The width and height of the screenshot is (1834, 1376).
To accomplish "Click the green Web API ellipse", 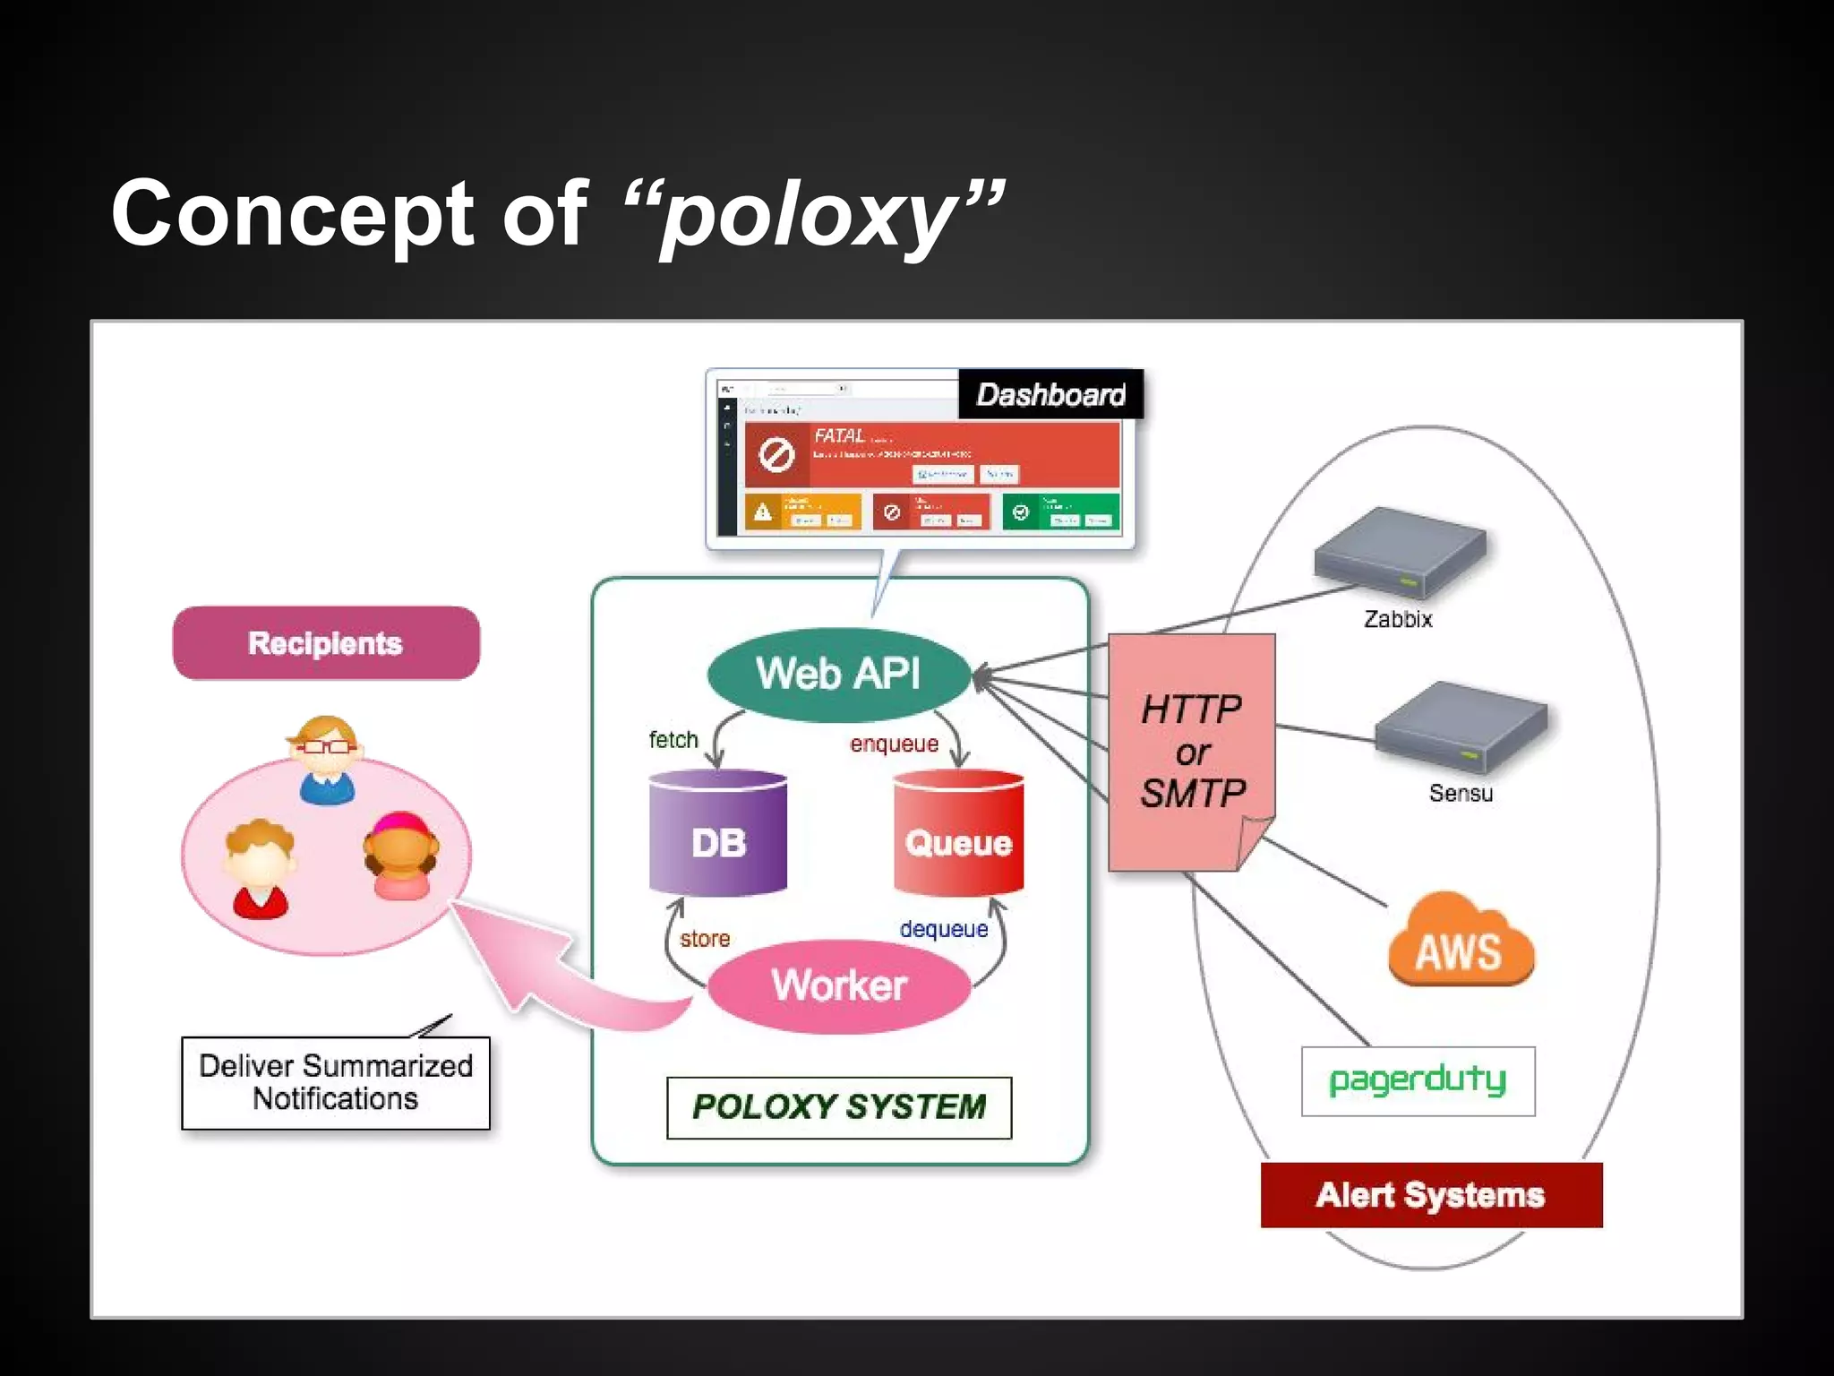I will [x=838, y=674].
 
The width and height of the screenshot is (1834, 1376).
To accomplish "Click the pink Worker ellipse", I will [x=839, y=985].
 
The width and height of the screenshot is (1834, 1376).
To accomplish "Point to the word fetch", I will [x=673, y=740].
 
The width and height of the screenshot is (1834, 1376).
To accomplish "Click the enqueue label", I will [x=894, y=744].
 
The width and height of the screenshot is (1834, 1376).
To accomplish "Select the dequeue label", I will [x=944, y=929].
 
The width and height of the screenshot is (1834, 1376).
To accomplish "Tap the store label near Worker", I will [x=705, y=939].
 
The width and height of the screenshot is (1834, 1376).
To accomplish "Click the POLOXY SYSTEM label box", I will [x=839, y=1107].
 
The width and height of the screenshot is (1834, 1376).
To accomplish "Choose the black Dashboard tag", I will [x=1050, y=394].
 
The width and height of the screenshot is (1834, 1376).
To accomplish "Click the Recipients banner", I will [x=326, y=643].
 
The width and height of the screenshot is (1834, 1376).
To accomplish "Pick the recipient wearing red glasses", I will [x=326, y=760].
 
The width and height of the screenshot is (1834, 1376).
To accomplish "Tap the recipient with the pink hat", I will [x=400, y=855].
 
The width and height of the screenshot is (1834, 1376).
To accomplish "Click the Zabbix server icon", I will [x=1399, y=552].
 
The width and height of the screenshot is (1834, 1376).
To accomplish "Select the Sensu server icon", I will [x=1460, y=727].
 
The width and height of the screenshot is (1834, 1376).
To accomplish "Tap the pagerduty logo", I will [x=1418, y=1081].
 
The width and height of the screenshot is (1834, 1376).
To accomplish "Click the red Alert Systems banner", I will [x=1431, y=1195].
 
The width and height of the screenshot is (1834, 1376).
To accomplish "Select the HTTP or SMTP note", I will [x=1191, y=751].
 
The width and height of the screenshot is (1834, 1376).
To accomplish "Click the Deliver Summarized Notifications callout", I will [x=336, y=1082].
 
